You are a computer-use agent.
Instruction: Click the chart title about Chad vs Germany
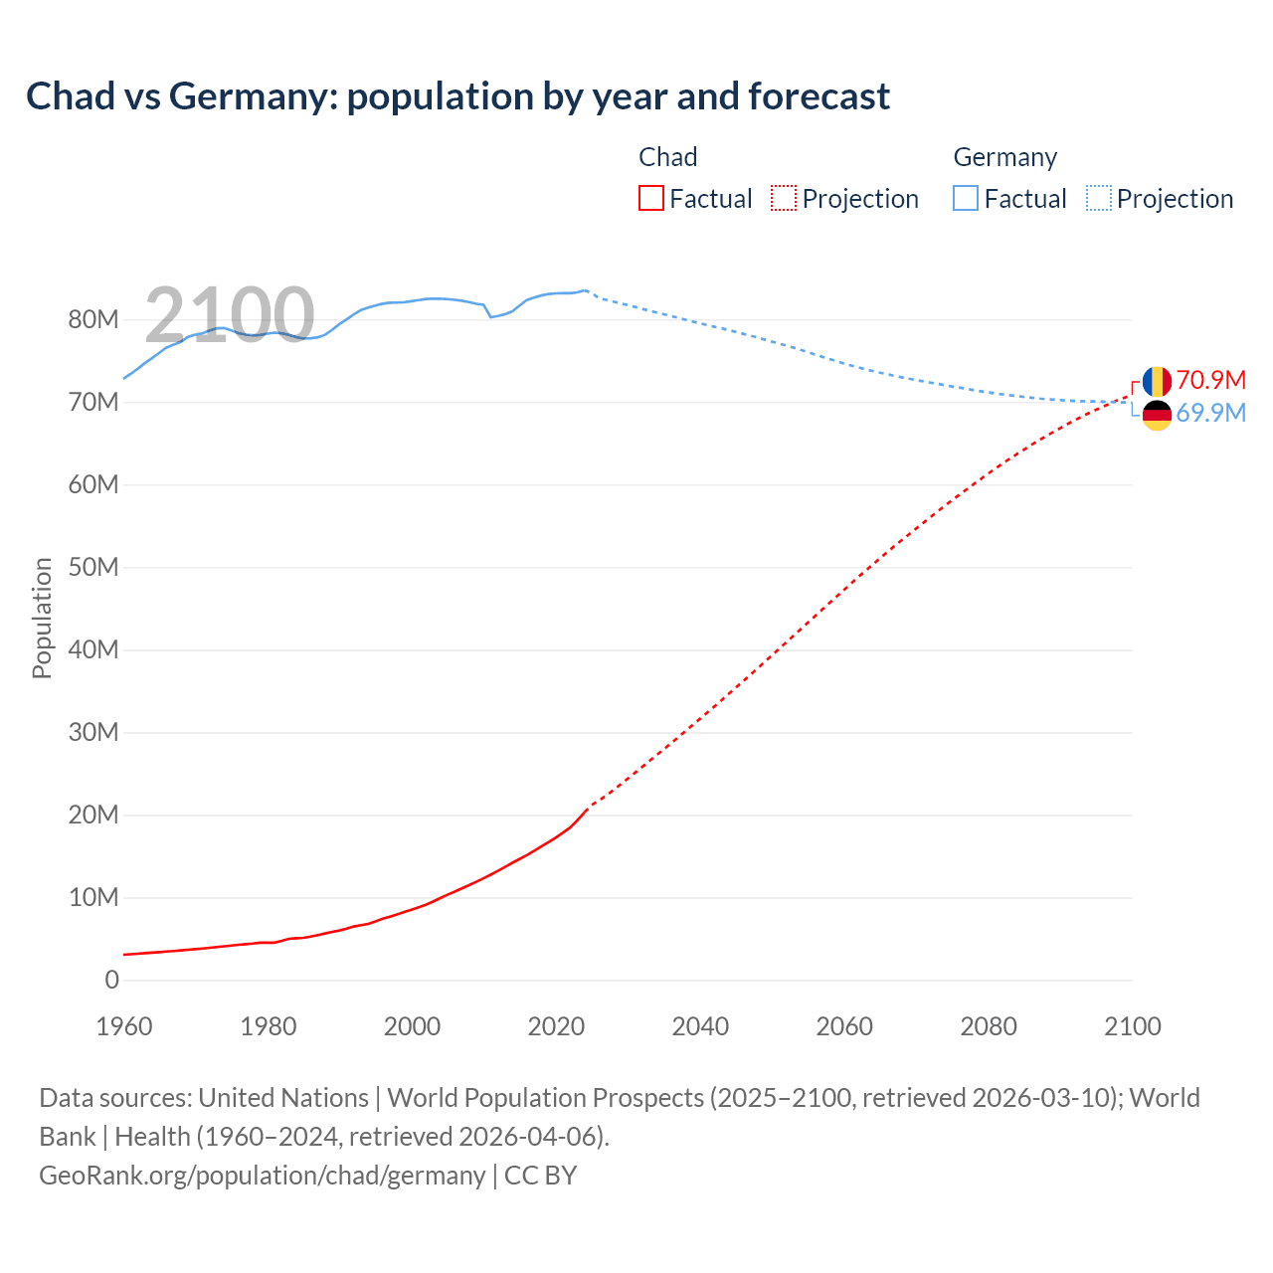[457, 96]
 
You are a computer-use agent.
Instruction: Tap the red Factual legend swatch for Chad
[650, 199]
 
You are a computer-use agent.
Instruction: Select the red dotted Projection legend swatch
[784, 199]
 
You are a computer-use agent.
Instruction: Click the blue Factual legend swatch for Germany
[966, 199]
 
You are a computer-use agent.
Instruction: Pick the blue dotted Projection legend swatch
[1099, 199]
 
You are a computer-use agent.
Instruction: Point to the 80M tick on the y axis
[93, 320]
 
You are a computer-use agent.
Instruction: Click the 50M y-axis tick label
[93, 568]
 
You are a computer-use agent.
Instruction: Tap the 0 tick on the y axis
[111, 981]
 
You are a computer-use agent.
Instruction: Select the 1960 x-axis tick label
[124, 1026]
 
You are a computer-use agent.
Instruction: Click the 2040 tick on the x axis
[700, 1026]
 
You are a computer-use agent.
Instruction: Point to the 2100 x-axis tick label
[1132, 1026]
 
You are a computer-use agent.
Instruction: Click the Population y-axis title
[42, 618]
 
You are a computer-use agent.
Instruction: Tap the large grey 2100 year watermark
[230, 315]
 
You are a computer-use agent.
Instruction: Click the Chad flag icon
[1157, 381]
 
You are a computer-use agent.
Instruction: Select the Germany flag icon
[1157, 415]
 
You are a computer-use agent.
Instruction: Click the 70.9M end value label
[1210, 381]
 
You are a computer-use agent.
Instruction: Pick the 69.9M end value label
[1210, 414]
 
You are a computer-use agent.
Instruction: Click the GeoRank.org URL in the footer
[262, 1176]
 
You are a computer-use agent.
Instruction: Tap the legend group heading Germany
[1004, 157]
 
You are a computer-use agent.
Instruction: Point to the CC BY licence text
[540, 1176]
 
